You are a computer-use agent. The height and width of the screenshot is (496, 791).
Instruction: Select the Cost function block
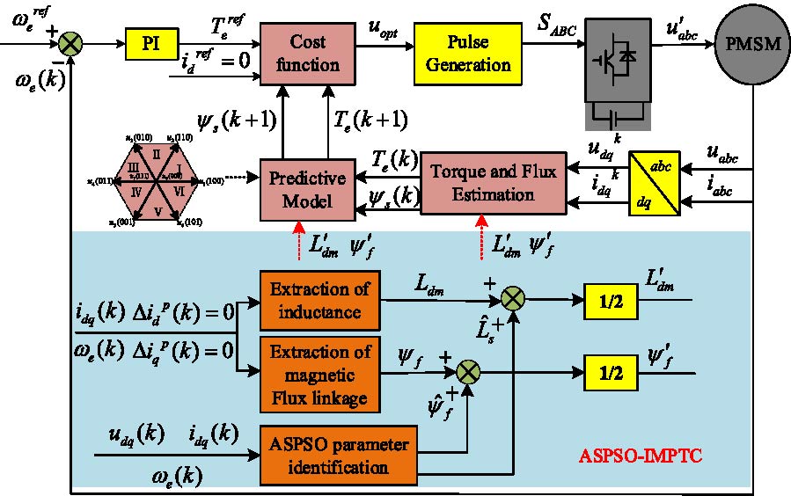point(314,54)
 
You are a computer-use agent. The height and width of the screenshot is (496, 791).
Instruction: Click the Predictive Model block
point(306,188)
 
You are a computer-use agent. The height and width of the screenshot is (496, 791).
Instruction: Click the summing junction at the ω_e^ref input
point(70,40)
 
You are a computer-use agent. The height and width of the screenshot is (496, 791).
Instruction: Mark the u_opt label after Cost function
point(385,26)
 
